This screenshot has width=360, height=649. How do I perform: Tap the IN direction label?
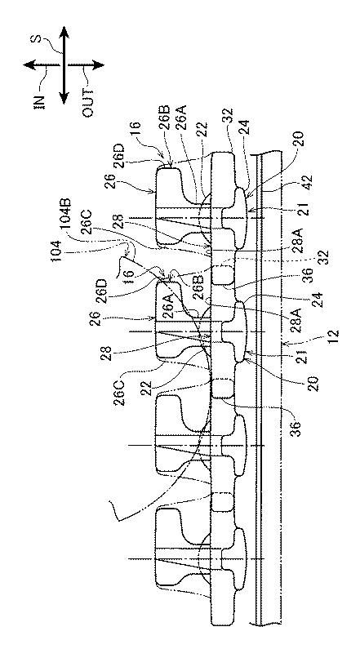[x=38, y=101]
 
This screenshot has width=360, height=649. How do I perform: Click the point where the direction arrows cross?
[x=64, y=65]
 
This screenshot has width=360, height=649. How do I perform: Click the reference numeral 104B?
[x=69, y=213]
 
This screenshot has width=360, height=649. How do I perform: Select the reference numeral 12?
[x=334, y=336]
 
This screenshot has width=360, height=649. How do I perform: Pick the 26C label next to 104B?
[x=87, y=224]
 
